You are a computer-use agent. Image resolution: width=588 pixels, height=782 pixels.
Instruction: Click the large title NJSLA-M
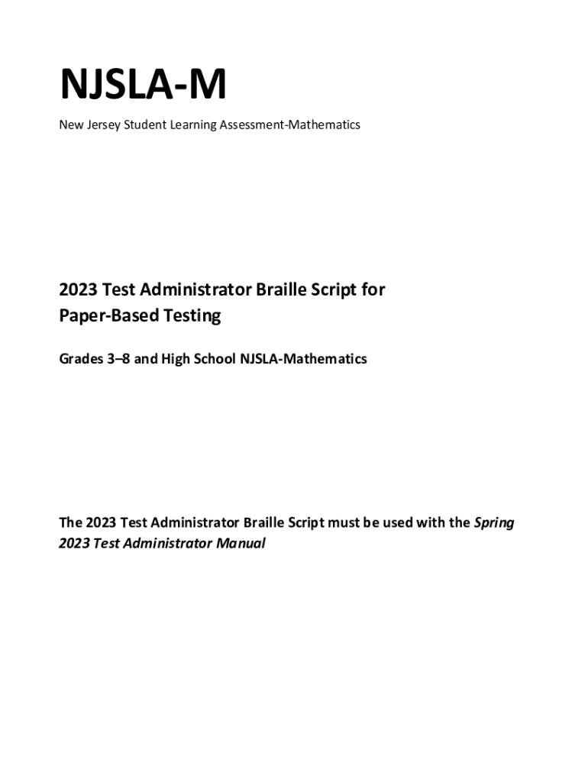pyautogui.click(x=143, y=86)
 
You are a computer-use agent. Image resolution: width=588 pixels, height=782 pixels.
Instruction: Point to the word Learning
pyautogui.click(x=195, y=124)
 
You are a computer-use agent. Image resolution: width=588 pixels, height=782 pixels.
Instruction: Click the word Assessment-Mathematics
pyautogui.click(x=290, y=124)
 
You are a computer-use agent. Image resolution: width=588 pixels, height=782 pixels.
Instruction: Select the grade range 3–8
pyautogui.click(x=118, y=358)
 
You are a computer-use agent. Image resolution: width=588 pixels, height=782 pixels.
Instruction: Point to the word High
pyautogui.click(x=175, y=358)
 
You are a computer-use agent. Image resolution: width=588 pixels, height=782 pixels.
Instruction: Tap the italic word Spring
pyautogui.click(x=494, y=523)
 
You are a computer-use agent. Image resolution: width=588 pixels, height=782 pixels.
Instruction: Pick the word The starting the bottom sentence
pyautogui.click(x=71, y=523)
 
